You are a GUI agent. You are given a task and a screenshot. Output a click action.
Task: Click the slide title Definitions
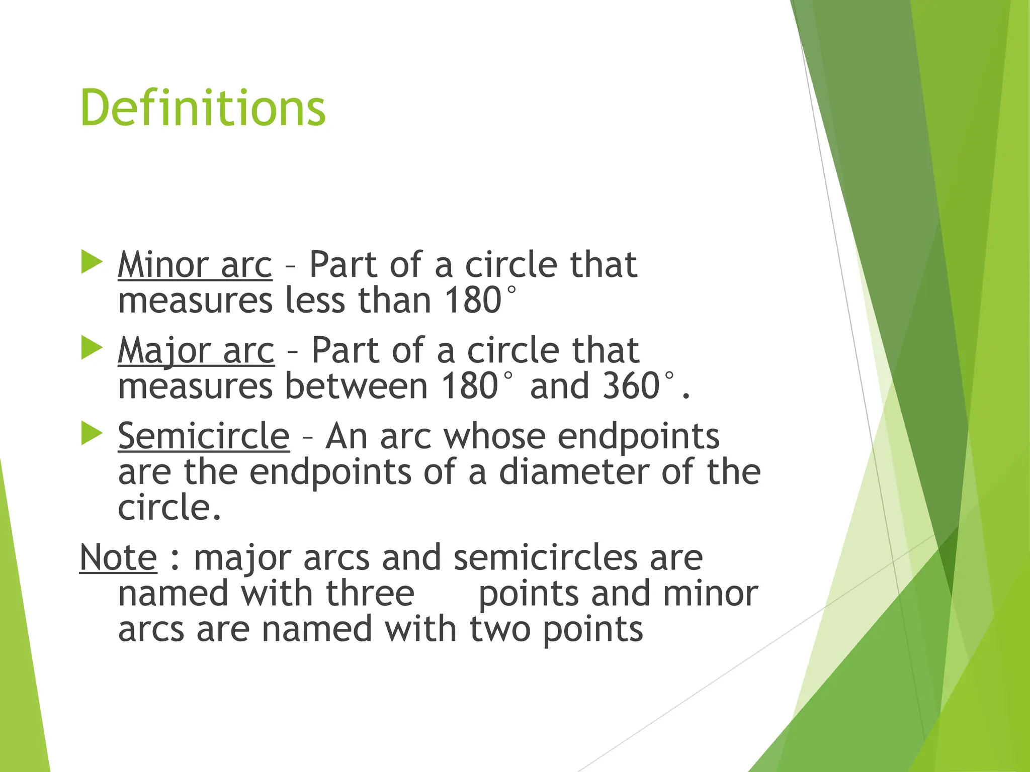(x=203, y=108)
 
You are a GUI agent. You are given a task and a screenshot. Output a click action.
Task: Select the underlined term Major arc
(x=196, y=350)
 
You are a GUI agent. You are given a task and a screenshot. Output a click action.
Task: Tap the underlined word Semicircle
(x=204, y=436)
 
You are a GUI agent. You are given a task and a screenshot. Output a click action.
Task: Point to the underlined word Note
(x=118, y=557)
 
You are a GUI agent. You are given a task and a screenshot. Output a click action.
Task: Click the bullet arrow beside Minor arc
(x=92, y=262)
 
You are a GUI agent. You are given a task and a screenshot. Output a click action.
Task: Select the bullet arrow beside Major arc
(x=92, y=348)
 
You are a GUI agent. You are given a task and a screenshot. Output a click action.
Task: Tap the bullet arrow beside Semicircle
(x=92, y=433)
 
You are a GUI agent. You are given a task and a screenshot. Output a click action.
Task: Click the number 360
(x=631, y=386)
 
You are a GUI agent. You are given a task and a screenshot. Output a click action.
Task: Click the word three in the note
(x=370, y=594)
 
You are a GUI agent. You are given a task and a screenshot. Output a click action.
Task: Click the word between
(x=356, y=386)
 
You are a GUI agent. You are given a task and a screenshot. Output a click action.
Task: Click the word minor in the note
(x=710, y=594)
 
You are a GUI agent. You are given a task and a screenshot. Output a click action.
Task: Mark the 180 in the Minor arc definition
(x=473, y=300)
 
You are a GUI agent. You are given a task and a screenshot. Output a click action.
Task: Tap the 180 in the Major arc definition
(x=470, y=386)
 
